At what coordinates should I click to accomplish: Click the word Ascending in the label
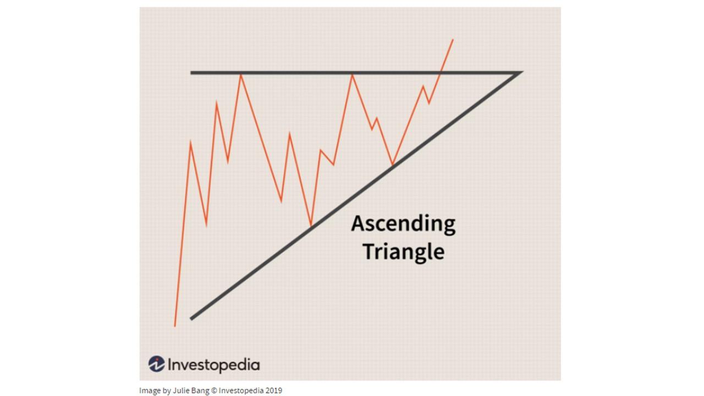(403, 224)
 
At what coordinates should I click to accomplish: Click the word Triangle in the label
(403, 251)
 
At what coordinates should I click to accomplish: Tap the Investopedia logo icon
(156, 364)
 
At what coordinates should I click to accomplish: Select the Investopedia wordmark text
(213, 365)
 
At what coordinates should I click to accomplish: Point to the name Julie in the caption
(178, 391)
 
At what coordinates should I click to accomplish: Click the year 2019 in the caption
(273, 391)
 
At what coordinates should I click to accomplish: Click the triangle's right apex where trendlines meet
(520, 72)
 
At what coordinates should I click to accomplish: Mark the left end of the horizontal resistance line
(191, 73)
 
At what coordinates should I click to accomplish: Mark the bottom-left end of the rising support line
(191, 318)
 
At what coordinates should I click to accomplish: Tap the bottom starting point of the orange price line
(175, 326)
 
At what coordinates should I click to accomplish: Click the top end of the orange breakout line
(453, 40)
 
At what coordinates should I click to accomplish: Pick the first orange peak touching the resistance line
(240, 75)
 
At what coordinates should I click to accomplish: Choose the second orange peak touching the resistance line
(352, 75)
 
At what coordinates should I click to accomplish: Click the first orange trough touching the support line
(311, 226)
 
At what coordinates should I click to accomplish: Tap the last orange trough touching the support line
(392, 164)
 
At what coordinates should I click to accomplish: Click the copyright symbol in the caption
(215, 391)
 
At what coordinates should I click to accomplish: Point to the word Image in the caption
(150, 391)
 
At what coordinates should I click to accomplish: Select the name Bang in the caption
(200, 391)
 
